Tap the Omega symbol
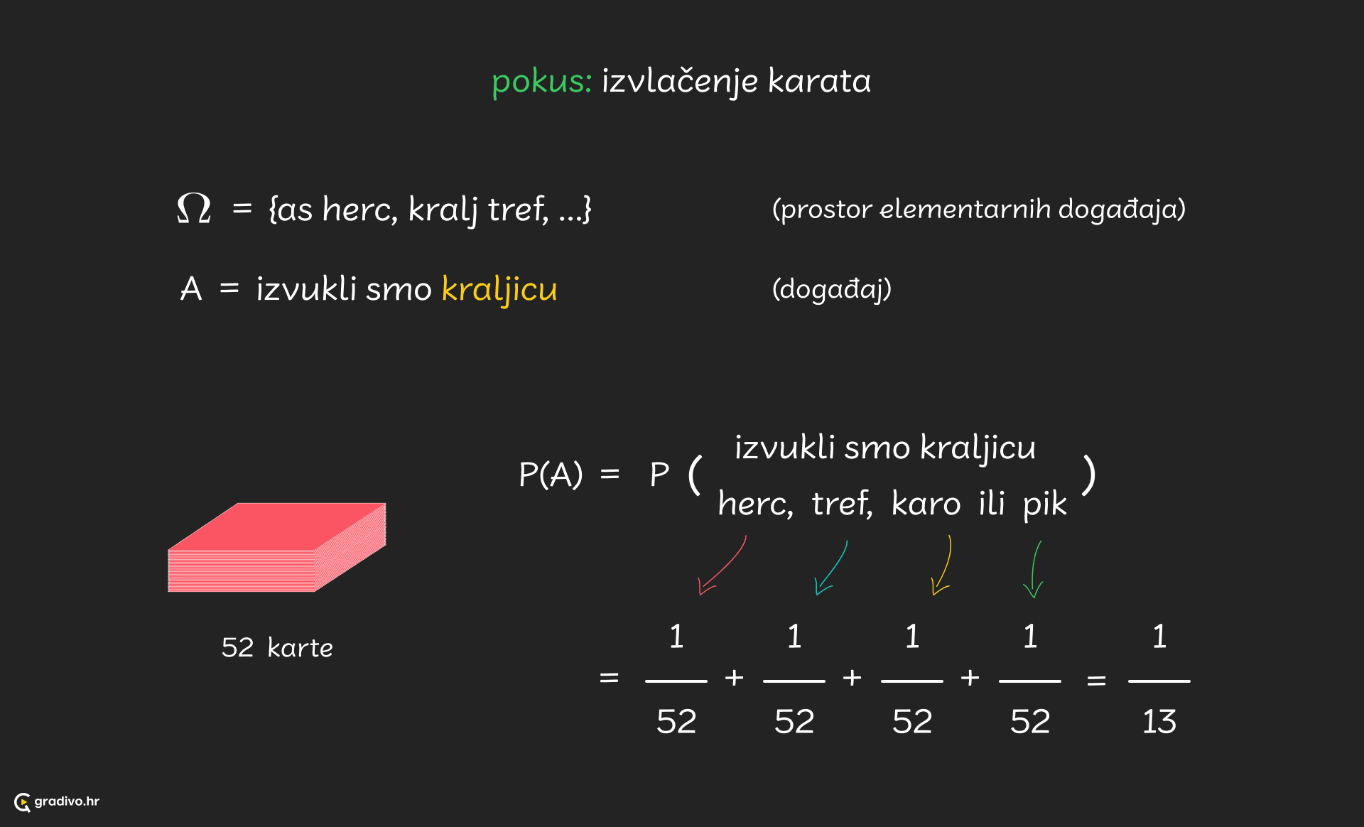194,208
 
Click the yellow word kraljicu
499,289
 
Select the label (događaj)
831,289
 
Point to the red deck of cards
277,547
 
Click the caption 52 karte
277,648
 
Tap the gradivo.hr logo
57,801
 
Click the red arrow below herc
722,566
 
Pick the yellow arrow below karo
943,566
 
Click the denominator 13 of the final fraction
1159,722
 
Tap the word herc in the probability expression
754,504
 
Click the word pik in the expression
1044,504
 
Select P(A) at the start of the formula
551,474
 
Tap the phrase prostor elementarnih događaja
979,210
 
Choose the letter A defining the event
191,289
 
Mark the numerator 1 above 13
1159,637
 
